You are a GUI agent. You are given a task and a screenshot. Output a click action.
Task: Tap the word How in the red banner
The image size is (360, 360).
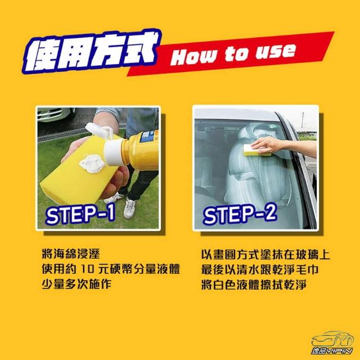pos(193,57)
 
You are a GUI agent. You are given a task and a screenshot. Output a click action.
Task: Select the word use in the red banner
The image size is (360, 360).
pos(276,52)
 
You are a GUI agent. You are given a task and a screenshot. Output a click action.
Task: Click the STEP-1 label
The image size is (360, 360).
pos(80,214)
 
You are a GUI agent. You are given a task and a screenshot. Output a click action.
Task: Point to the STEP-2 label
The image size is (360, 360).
pos(240,214)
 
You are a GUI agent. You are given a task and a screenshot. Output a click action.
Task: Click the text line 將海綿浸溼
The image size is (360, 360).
pos(71,254)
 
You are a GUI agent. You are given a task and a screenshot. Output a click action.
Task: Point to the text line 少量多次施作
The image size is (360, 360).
pos(76,284)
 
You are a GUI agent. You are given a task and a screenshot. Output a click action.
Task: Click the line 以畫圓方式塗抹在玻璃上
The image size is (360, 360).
pos(265,254)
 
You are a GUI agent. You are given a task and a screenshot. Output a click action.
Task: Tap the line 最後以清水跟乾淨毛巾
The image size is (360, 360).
pos(260,269)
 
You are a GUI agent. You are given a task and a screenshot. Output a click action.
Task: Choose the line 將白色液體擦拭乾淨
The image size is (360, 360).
pos(254,285)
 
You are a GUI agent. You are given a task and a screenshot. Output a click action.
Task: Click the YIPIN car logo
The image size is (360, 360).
pos(332,343)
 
